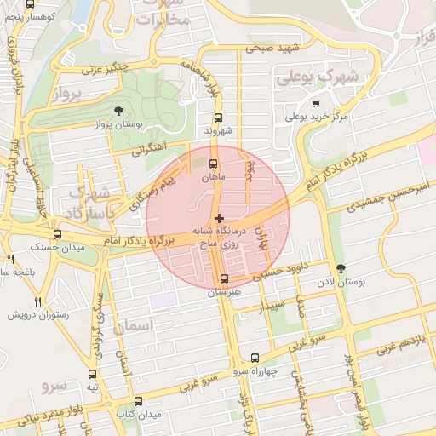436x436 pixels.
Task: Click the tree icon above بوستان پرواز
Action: tap(118, 111)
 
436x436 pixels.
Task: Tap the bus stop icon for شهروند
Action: tap(219, 118)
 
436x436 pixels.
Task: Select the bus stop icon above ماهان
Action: tap(213, 165)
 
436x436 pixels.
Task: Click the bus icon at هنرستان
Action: tap(224, 278)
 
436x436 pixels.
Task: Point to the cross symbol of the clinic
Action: tap(220, 219)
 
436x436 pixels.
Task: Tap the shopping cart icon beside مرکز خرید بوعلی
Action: tap(316, 103)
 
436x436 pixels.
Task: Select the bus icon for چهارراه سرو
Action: tap(255, 359)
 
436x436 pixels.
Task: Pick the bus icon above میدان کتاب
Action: tap(138, 401)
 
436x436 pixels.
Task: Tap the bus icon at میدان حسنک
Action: tap(57, 234)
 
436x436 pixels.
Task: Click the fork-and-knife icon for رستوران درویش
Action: tap(37, 301)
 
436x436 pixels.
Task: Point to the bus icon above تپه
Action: tap(93, 373)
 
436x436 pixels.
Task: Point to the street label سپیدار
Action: tap(272, 303)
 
